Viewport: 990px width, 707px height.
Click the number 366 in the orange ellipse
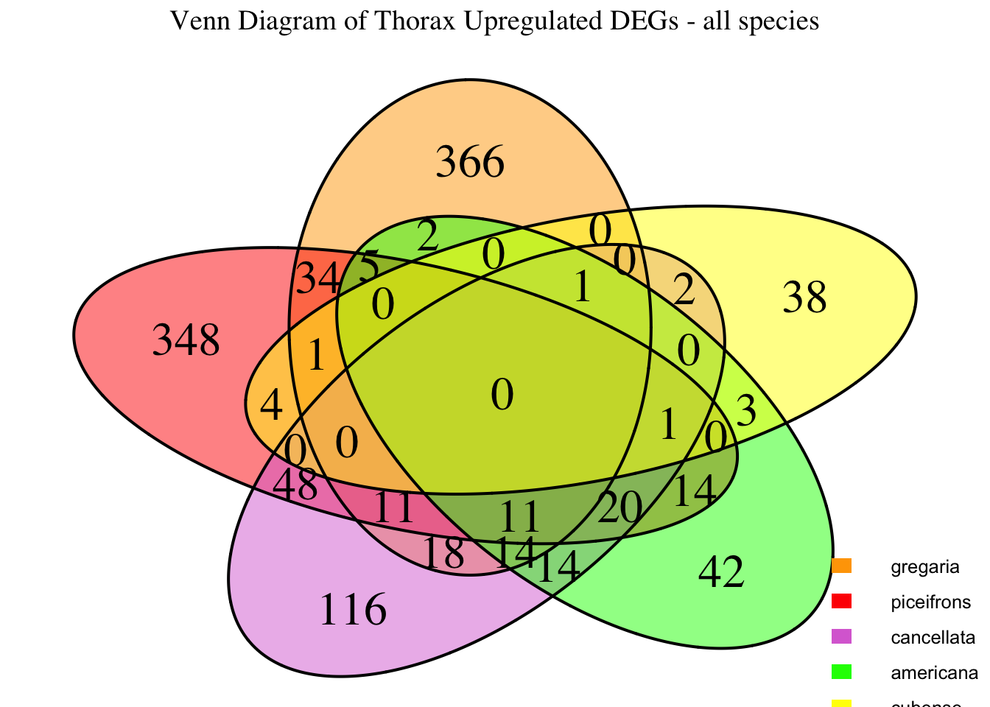(x=470, y=162)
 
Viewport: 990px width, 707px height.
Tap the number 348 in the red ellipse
(x=186, y=342)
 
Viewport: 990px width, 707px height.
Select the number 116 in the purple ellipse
(x=353, y=610)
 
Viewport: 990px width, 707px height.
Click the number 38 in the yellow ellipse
(x=804, y=299)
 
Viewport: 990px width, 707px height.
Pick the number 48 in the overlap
(x=295, y=485)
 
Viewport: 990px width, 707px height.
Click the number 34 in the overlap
(x=317, y=281)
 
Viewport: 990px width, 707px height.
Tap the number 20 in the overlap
(x=619, y=507)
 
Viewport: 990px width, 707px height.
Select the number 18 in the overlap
(x=444, y=554)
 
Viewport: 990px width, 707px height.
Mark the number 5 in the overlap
(x=369, y=264)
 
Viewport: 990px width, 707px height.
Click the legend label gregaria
(x=924, y=567)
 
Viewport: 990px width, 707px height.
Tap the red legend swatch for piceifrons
(x=841, y=602)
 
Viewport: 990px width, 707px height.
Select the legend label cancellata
(x=933, y=637)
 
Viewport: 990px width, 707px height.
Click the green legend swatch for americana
(x=841, y=672)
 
